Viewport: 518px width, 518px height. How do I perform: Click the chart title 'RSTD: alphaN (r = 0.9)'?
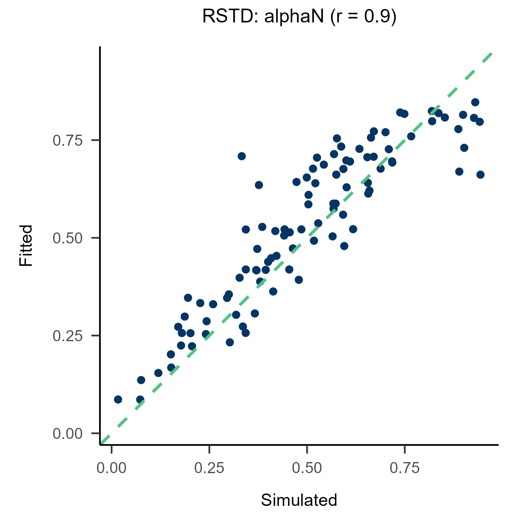point(299,17)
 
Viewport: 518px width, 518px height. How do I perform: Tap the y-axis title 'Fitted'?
point(26,245)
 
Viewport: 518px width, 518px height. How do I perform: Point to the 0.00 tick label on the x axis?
point(111,468)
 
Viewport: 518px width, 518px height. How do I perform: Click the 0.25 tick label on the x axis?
point(209,468)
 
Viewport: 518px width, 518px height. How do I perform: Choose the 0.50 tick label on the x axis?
point(307,468)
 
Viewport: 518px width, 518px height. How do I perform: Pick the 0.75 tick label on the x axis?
point(404,468)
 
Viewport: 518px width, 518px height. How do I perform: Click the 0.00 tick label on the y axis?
point(68,433)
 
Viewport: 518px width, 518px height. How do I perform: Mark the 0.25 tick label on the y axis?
point(68,336)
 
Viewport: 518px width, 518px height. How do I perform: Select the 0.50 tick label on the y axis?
point(68,238)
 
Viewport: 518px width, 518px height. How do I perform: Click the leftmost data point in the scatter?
point(118,400)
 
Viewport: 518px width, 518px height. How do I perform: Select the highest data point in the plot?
point(475,102)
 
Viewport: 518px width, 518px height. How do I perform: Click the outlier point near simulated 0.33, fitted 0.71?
point(242,156)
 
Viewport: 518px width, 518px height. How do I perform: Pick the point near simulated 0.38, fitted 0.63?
point(259,185)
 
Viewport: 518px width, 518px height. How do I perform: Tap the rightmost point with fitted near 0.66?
point(480,175)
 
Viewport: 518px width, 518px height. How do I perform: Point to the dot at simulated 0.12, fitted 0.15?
point(158,373)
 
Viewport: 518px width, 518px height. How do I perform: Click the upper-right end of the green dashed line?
point(490,54)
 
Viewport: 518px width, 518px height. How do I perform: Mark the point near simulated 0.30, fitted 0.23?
point(230,342)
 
